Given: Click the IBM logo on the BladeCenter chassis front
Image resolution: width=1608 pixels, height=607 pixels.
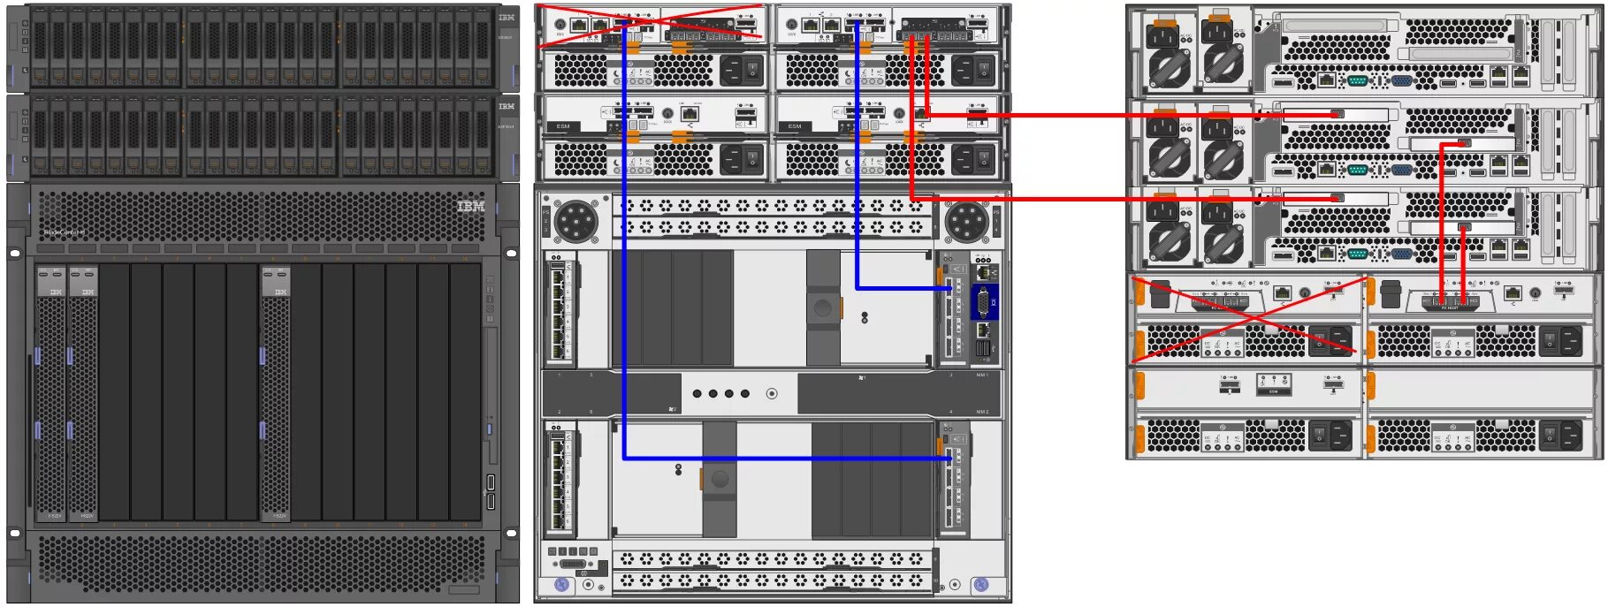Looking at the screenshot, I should [x=470, y=206].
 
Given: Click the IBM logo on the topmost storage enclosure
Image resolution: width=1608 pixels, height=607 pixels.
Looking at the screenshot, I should [x=506, y=17].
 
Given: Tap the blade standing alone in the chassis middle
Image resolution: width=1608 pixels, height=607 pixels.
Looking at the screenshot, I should [x=275, y=393].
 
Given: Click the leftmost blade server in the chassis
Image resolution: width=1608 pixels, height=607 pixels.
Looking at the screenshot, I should [x=50, y=393].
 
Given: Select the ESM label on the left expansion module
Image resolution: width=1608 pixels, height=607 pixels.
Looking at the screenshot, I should [x=563, y=126].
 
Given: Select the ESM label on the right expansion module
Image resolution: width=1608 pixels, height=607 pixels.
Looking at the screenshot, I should [x=795, y=126].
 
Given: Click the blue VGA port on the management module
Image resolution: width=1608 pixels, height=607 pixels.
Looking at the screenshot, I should [x=983, y=302].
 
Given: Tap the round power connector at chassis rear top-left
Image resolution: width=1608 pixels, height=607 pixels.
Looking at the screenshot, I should [x=576, y=220].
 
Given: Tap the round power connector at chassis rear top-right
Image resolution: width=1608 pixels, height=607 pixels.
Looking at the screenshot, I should [x=966, y=220].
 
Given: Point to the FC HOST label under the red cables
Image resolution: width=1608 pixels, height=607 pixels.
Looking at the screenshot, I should [x=1450, y=307].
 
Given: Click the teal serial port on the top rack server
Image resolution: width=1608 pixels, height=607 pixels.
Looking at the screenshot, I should [x=1358, y=81].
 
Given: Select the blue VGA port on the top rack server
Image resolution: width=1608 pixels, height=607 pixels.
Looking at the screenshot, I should [x=1401, y=81].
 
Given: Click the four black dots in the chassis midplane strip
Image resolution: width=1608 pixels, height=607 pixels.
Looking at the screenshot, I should [x=720, y=393].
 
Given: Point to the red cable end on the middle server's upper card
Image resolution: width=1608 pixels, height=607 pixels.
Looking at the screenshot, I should [x=1337, y=114].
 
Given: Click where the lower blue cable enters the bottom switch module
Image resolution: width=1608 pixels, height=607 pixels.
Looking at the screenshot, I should [x=950, y=459].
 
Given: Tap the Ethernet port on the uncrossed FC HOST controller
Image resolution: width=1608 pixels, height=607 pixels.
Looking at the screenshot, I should [x=1513, y=292].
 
